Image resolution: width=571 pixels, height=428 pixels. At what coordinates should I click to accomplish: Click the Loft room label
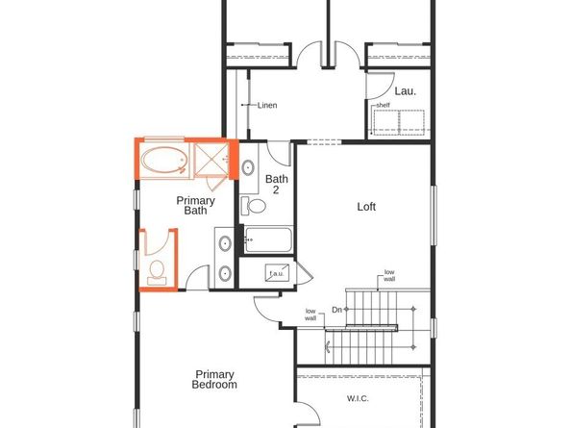click(x=366, y=207)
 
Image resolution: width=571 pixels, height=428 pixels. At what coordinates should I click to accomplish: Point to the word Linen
click(x=266, y=105)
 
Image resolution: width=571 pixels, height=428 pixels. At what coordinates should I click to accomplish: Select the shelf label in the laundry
click(x=383, y=105)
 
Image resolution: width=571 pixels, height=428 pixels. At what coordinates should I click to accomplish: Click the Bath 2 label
click(x=277, y=185)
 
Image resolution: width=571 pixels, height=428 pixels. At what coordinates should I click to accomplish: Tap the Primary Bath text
click(x=196, y=206)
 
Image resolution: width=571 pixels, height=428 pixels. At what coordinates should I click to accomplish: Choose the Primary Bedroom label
click(x=215, y=379)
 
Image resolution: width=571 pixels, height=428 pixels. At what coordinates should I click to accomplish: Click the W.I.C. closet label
click(x=357, y=398)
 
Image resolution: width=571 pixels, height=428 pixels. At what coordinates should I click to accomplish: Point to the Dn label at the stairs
click(x=337, y=310)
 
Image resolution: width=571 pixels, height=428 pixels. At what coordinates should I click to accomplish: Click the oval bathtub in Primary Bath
click(x=165, y=160)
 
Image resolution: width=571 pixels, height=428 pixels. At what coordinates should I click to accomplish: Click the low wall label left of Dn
click(x=310, y=315)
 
